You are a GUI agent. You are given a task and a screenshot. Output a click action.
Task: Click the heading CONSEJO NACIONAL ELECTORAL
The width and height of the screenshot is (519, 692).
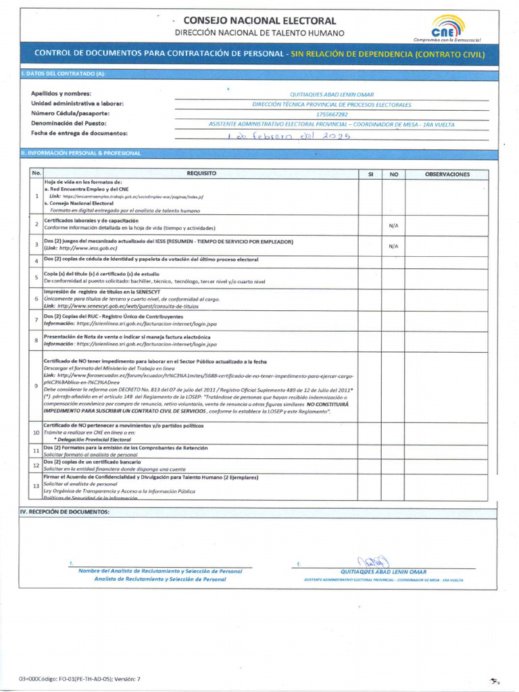click(x=259, y=21)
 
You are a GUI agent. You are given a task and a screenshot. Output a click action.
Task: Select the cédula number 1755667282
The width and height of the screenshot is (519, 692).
click(x=332, y=114)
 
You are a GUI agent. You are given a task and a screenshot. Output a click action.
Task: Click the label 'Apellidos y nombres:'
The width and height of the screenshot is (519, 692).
click(x=61, y=93)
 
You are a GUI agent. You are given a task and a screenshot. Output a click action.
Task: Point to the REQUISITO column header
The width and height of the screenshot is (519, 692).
click(x=201, y=174)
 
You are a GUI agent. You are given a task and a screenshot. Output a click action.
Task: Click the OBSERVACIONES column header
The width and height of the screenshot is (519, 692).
click(x=447, y=174)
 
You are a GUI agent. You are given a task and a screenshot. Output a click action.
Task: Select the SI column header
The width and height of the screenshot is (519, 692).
click(x=370, y=174)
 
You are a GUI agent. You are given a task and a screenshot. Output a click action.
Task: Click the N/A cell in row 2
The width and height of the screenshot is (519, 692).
click(x=393, y=226)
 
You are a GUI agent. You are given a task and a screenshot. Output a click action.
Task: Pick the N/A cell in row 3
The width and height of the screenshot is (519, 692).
click(x=393, y=246)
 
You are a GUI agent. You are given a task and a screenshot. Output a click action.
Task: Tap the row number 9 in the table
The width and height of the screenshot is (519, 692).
click(x=36, y=385)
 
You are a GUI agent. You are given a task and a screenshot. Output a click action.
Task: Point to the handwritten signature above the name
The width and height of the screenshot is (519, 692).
click(x=375, y=561)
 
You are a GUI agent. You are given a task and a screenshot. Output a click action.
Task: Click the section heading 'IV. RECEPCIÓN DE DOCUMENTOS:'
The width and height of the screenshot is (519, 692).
click(x=64, y=512)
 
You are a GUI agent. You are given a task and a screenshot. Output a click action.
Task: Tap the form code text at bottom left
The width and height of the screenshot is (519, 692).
click(x=80, y=678)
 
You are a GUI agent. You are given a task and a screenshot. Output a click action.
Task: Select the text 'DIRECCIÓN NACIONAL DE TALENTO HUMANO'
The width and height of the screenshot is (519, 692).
click(x=259, y=33)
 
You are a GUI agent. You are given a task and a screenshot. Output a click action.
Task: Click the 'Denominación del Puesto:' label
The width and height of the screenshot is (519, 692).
click(x=68, y=124)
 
